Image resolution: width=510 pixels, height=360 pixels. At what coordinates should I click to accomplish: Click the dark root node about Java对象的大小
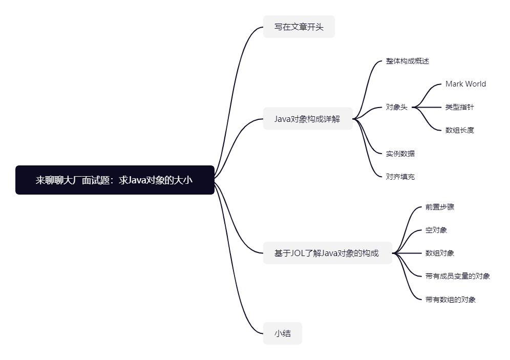(115, 180)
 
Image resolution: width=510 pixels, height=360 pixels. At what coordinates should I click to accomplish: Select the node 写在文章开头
(299, 27)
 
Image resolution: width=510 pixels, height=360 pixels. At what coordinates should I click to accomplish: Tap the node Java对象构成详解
(307, 119)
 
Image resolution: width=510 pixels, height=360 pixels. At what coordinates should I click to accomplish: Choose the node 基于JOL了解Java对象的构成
(327, 253)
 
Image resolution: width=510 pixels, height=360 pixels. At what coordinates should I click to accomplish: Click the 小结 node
(282, 333)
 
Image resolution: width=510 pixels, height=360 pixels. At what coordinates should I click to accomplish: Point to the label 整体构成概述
(407, 61)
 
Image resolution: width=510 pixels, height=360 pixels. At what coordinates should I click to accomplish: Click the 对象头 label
(396, 107)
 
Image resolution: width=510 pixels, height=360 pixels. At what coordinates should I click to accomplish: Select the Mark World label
(465, 84)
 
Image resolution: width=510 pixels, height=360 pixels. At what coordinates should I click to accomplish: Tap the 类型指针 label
(459, 107)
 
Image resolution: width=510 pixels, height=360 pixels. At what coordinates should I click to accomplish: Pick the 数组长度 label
(459, 130)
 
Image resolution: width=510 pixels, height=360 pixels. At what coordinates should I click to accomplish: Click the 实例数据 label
(400, 153)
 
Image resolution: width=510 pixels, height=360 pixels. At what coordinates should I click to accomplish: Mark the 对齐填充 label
(400, 177)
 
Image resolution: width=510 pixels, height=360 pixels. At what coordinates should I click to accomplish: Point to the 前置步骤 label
(439, 207)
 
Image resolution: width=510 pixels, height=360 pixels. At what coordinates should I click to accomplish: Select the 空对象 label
(436, 230)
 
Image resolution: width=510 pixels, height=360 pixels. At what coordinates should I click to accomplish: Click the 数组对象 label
(439, 253)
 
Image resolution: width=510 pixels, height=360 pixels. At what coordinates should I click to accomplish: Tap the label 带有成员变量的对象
(457, 276)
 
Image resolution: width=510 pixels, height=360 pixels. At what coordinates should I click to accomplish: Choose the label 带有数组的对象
(450, 300)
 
